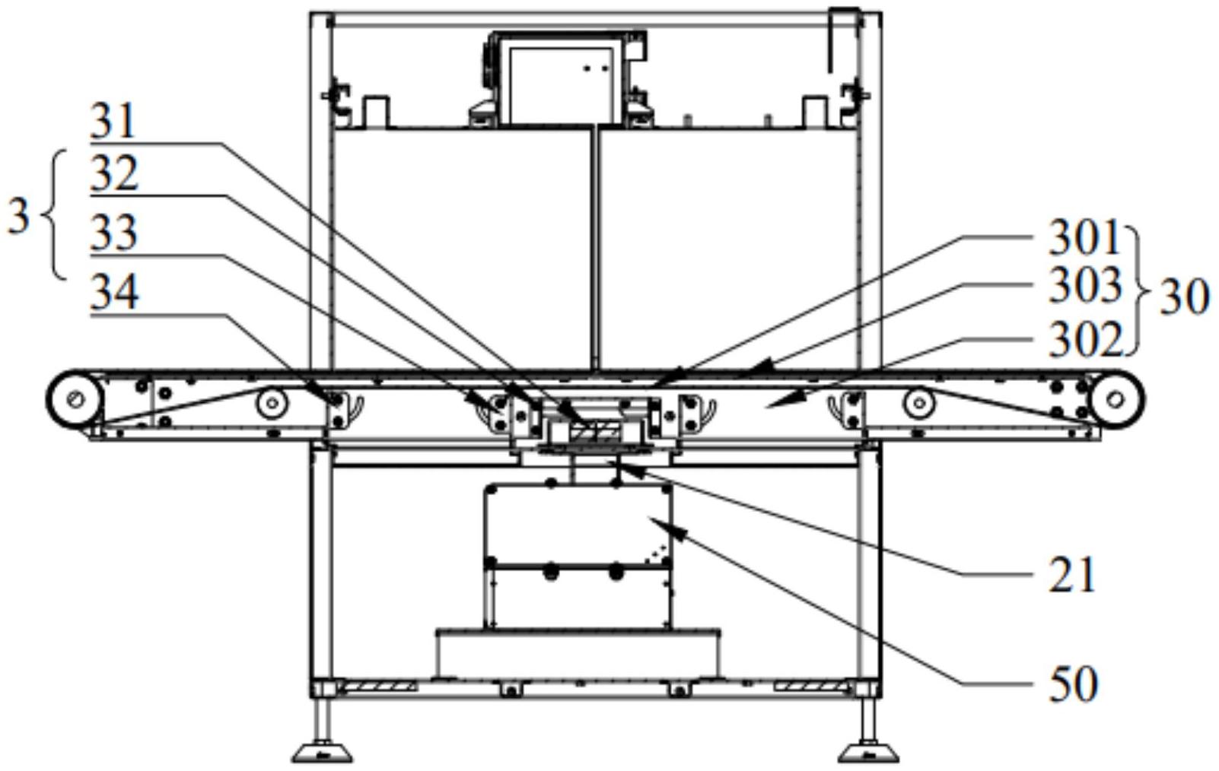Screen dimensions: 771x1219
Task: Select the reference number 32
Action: [x=114, y=176]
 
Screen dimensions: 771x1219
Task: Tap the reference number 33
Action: [x=114, y=233]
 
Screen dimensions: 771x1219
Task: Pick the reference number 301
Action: [x=1084, y=238]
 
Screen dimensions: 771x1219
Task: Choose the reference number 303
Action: [x=1084, y=287]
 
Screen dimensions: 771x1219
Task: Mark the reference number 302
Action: [x=1084, y=340]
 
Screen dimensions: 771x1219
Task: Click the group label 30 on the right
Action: [x=1184, y=297]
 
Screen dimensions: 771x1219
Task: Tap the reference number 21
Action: [x=1073, y=575]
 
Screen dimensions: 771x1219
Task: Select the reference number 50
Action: [x=1073, y=683]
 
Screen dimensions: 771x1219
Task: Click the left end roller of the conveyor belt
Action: [x=75, y=399]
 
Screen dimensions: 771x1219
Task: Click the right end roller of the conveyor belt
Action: [x=1116, y=399]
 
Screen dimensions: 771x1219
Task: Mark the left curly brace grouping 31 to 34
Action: [x=55, y=216]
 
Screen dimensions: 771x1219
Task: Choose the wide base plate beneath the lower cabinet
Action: [x=578, y=652]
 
